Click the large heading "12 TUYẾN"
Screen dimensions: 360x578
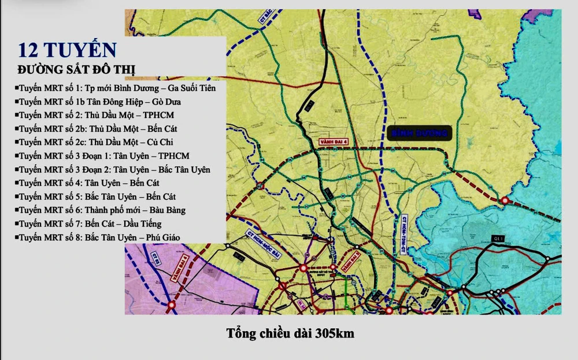pyautogui.click(x=67, y=50)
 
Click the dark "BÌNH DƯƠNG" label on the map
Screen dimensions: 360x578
pyautogui.click(x=419, y=133)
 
